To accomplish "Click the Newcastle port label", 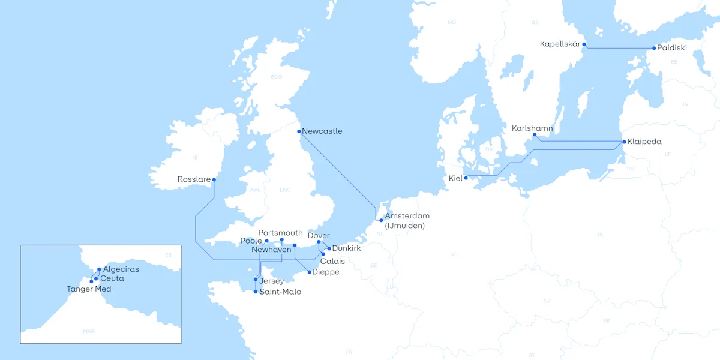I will coord(322,131).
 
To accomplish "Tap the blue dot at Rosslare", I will coord(214,179).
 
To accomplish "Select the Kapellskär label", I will coord(560,44).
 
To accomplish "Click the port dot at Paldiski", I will coord(654,48).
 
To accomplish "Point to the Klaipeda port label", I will coord(645,142).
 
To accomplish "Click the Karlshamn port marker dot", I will coord(535,135).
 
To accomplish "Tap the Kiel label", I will coord(455,178).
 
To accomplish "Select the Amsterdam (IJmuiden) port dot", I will coord(382,220).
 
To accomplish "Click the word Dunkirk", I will coord(346,248).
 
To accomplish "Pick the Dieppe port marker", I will coord(309,272).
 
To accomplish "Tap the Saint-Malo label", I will coord(280,292).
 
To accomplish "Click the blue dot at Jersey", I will coord(256,280).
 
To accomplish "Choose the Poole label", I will coord(251,241).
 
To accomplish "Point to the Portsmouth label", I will coord(280,233).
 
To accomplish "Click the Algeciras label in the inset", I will coord(121,269).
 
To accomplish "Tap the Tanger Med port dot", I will coord(91,281).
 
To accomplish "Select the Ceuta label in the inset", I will coord(112,278).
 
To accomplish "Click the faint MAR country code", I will coord(89,331).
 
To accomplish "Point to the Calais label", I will coord(332,262).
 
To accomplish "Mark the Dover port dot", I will coord(319,242).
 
